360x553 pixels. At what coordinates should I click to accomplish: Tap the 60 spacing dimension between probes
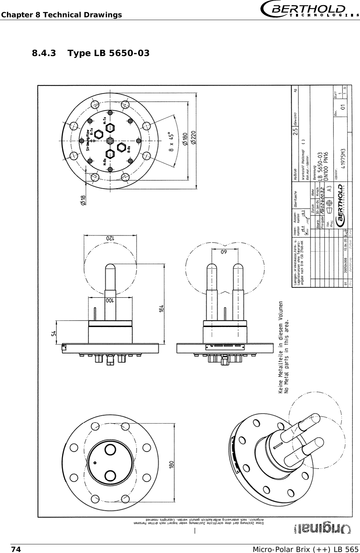click(224, 252)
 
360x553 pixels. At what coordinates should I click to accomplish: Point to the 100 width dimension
click(109, 300)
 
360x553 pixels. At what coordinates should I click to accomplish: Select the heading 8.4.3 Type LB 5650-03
click(91, 53)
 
